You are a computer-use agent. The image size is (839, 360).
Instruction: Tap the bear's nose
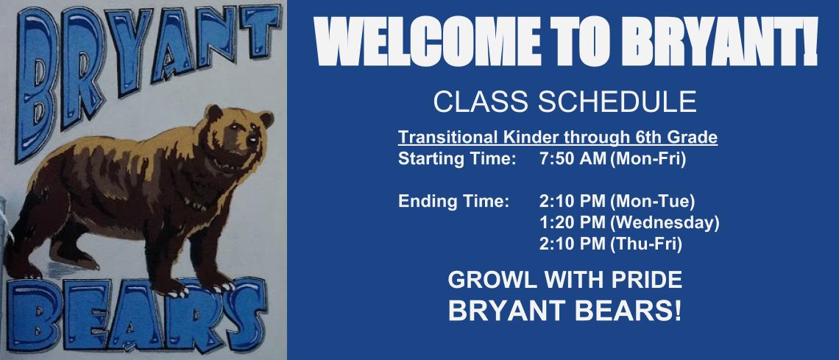pos(255,139)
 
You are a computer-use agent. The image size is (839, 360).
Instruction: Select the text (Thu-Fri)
pos(645,242)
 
